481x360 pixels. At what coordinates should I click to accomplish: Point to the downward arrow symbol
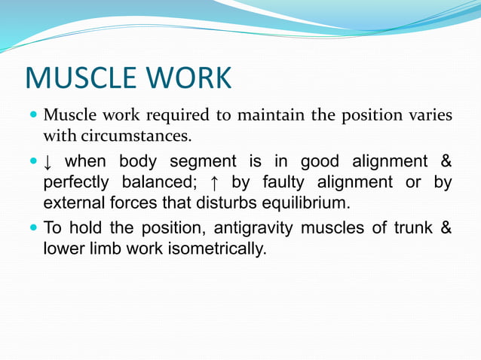point(49,162)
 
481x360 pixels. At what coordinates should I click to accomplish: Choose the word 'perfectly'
point(75,182)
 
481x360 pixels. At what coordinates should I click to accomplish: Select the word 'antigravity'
point(250,227)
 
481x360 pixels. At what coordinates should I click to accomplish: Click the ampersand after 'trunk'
point(446,227)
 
